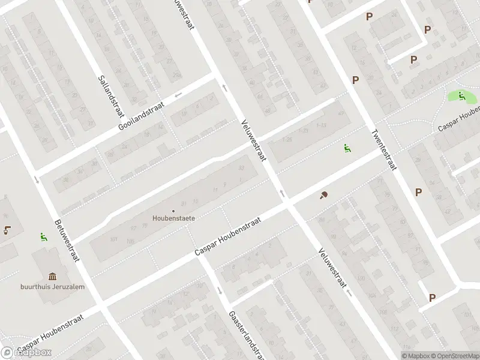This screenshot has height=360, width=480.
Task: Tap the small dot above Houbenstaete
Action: point(174,211)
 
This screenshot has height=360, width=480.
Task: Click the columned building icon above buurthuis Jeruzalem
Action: point(53,276)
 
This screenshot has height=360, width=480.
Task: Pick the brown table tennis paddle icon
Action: point(324,195)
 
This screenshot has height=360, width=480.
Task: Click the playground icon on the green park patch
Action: point(461,95)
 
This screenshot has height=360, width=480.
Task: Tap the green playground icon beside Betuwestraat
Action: point(43,238)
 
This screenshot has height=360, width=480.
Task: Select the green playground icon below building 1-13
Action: point(347,148)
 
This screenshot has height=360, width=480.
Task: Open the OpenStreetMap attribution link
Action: point(455,356)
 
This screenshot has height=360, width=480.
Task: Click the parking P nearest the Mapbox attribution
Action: point(432,297)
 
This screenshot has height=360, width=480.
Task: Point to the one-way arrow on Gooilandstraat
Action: point(178,95)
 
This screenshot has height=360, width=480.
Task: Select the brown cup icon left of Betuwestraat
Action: point(7,229)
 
